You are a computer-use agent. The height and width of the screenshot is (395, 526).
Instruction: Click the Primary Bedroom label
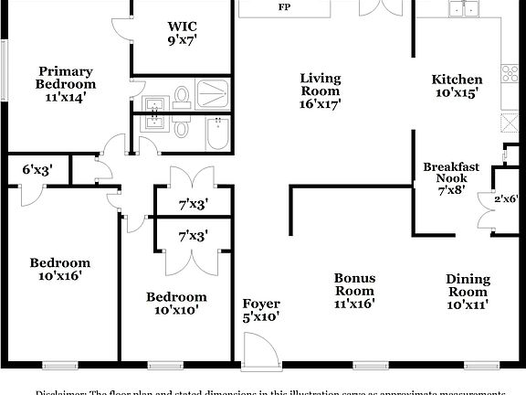tap(66, 84)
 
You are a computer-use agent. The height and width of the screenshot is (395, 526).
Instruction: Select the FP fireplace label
tap(285, 7)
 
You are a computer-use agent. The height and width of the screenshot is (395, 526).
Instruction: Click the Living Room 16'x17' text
tap(321, 91)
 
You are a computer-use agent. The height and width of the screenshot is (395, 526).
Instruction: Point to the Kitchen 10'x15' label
tap(457, 86)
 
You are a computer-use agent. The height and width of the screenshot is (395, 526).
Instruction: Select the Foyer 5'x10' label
tap(260, 310)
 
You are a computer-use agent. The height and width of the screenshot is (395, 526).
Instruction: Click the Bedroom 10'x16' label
tap(59, 269)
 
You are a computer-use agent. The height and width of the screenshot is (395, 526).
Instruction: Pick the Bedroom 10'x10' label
tap(176, 303)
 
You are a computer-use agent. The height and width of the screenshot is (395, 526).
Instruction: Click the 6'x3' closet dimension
tap(37, 168)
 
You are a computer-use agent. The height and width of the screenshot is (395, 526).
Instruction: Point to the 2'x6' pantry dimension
tap(506, 198)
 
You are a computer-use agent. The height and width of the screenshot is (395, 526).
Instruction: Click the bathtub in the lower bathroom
tap(217, 133)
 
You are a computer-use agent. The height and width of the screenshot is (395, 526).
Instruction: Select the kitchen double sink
tap(465, 10)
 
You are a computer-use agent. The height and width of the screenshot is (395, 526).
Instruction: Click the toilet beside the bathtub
tap(181, 129)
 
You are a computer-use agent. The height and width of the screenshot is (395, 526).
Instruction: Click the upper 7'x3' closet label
tap(192, 204)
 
